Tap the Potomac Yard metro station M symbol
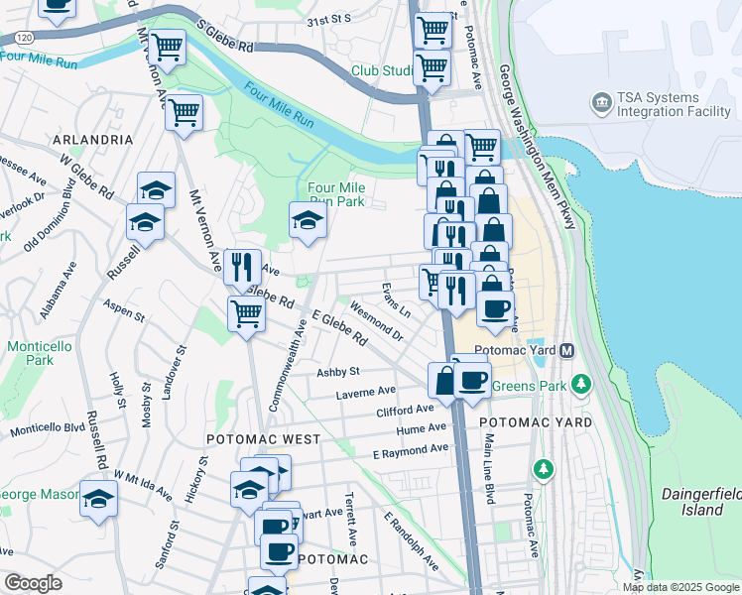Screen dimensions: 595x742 tap(567, 351)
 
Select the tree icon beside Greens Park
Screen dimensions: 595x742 tap(582, 383)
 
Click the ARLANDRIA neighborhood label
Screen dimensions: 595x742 tap(94, 140)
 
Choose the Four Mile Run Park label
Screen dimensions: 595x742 tap(336, 194)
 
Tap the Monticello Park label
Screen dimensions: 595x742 tap(40, 353)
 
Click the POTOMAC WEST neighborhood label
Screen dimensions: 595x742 tap(263, 438)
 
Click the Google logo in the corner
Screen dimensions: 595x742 tap(33, 583)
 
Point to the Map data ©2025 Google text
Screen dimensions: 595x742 tap(681, 587)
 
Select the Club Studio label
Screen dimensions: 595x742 tap(382, 71)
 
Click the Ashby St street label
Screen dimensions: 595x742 tap(337, 372)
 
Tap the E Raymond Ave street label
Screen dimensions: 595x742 tap(410, 450)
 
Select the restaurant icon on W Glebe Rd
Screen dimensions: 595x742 tap(242, 266)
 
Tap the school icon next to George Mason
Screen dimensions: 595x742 tap(98, 499)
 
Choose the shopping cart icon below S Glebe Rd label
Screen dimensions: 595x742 tap(168, 47)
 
